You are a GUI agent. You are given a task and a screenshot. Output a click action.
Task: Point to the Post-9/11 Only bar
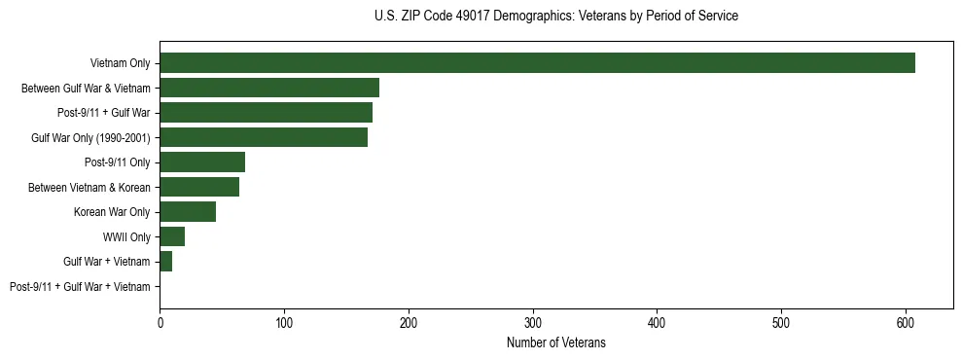pos(202,162)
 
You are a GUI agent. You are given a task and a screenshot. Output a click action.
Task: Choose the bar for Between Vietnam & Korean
pos(199,187)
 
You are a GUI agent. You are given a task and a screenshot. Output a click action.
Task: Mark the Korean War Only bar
pos(188,212)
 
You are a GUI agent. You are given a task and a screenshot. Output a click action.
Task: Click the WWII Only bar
pos(172,236)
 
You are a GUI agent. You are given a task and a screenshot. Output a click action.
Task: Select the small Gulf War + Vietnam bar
pos(166,262)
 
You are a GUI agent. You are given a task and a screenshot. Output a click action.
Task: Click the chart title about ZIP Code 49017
pos(555,17)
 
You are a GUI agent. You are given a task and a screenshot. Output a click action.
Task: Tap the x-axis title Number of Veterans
pos(555,343)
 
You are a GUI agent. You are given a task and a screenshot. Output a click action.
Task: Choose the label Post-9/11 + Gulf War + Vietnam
pos(80,287)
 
